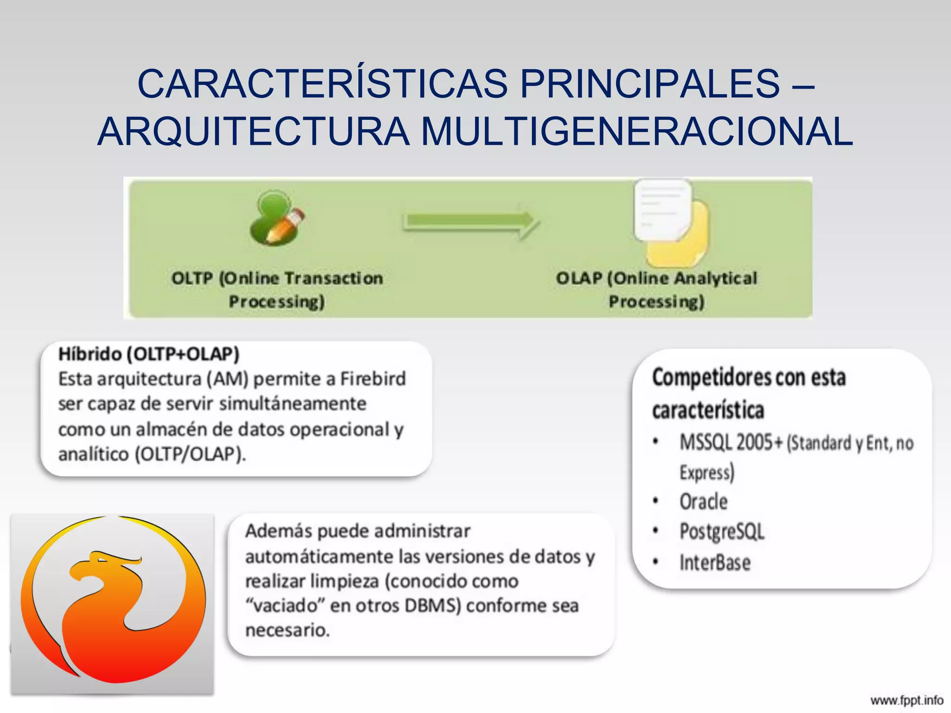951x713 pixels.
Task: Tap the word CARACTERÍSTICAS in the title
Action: point(323,84)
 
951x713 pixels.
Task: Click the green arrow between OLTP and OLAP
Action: point(471,222)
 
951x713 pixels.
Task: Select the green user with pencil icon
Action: point(276,218)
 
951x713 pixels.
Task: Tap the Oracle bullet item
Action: point(703,502)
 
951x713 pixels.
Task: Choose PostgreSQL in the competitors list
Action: point(722,532)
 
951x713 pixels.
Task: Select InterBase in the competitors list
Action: point(715,563)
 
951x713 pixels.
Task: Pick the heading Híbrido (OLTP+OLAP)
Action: point(149,354)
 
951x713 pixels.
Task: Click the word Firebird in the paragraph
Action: point(373,379)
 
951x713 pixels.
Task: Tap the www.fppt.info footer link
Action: point(906,700)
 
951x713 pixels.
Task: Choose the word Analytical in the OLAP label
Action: point(716,279)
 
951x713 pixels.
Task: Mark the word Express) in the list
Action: point(707,473)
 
